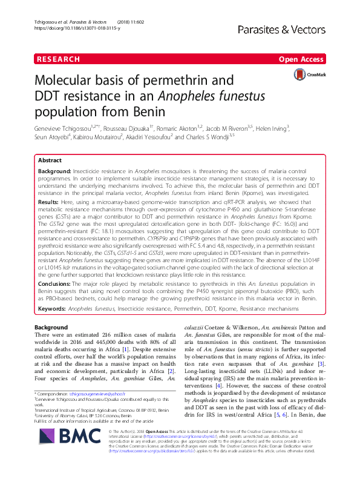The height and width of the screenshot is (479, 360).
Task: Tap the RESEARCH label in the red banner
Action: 58,59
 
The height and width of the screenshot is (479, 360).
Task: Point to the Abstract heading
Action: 50,161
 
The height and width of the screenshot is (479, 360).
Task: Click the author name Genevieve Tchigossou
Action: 59,128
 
